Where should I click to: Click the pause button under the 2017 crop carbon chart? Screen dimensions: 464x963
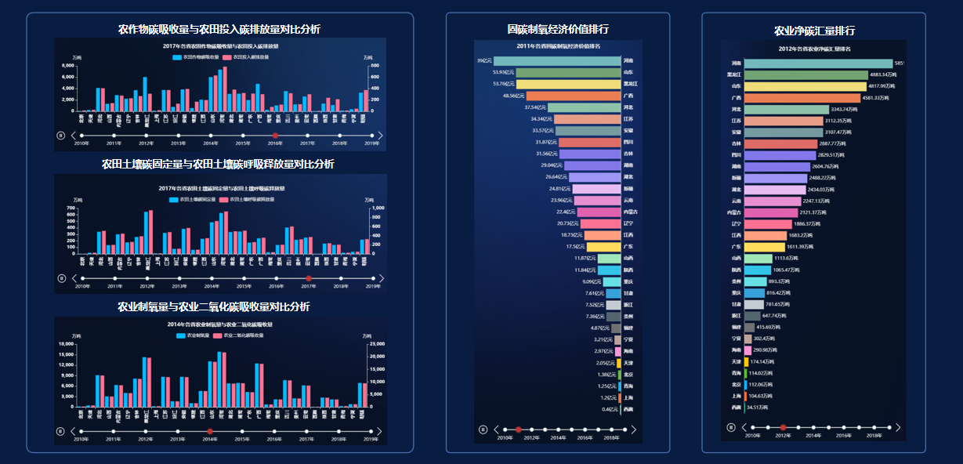60,135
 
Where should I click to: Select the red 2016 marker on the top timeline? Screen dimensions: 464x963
275,136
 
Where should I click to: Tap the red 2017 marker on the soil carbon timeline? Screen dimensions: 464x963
309,278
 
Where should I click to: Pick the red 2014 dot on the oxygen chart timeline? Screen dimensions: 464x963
210,431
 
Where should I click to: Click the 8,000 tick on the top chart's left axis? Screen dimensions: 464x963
68,66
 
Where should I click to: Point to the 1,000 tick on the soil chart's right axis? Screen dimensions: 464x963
377,208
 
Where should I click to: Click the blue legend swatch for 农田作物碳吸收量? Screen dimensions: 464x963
177,57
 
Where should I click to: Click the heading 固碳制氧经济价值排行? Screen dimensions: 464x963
557,29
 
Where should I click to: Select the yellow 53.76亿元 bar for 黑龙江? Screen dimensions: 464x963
556,84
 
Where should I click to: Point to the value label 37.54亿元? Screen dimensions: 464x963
535,107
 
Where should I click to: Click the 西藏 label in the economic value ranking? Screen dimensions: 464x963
628,409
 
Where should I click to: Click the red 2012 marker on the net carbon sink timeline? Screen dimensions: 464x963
783,427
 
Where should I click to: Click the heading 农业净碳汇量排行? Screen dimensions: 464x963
813,31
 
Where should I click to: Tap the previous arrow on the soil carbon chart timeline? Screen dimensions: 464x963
74,278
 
